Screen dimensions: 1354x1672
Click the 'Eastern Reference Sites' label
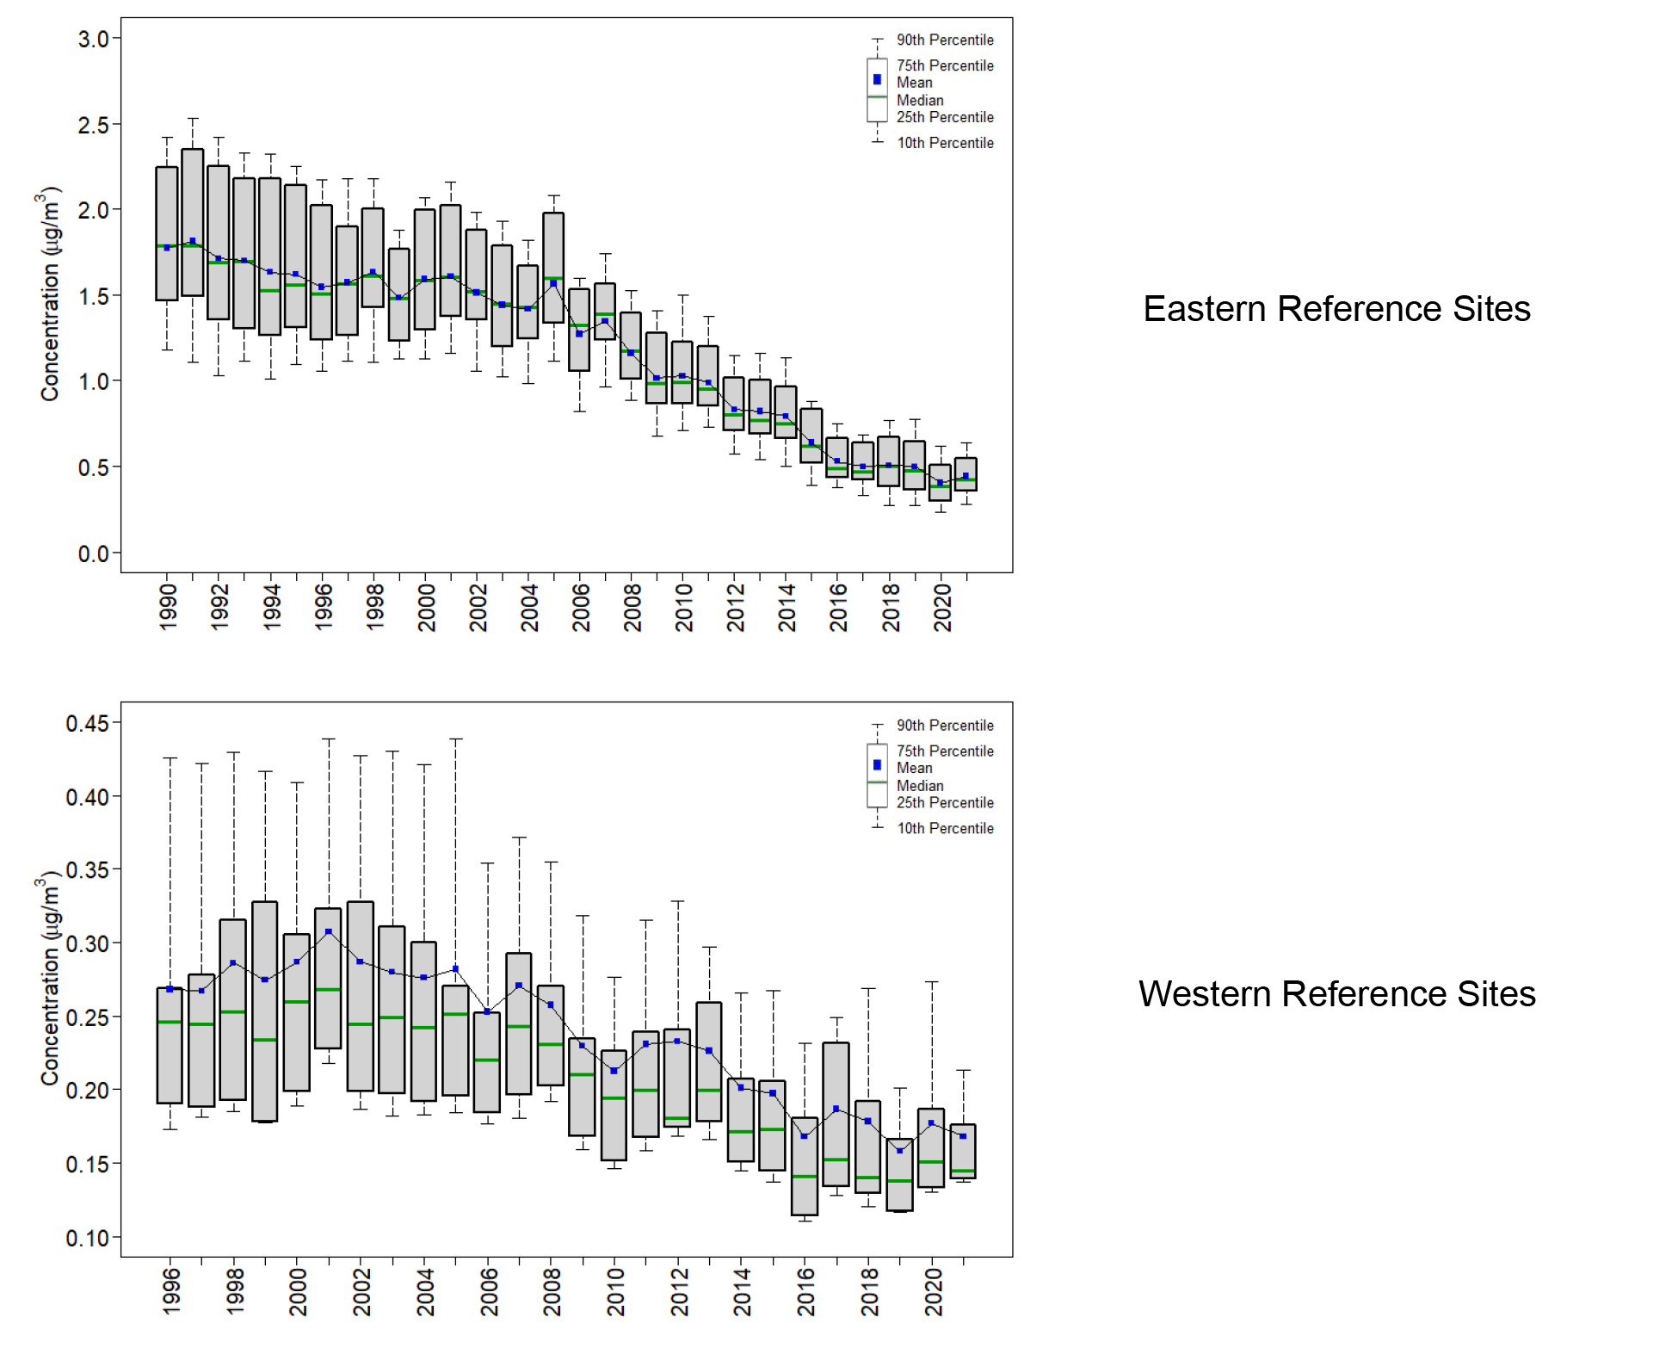point(1336,309)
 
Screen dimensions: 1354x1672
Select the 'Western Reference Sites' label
point(1336,994)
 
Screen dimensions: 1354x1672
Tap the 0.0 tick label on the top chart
point(94,554)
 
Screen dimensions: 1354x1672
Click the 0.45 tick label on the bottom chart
point(88,724)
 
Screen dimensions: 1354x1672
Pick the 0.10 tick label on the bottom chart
point(88,1239)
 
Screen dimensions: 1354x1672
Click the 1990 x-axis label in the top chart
point(168,607)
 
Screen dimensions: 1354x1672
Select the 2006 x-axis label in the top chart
point(581,607)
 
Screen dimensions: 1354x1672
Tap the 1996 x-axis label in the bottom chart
point(171,1291)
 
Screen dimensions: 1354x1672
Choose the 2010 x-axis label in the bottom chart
point(615,1291)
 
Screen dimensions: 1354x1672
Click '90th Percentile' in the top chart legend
point(945,40)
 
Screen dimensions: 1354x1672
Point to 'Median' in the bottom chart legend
point(920,786)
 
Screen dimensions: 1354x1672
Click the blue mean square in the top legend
point(877,79)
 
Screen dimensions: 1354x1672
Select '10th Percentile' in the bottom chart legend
point(945,829)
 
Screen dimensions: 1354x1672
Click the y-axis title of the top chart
point(50,294)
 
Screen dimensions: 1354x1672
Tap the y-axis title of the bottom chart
point(50,981)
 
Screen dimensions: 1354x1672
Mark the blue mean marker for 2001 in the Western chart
point(328,932)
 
